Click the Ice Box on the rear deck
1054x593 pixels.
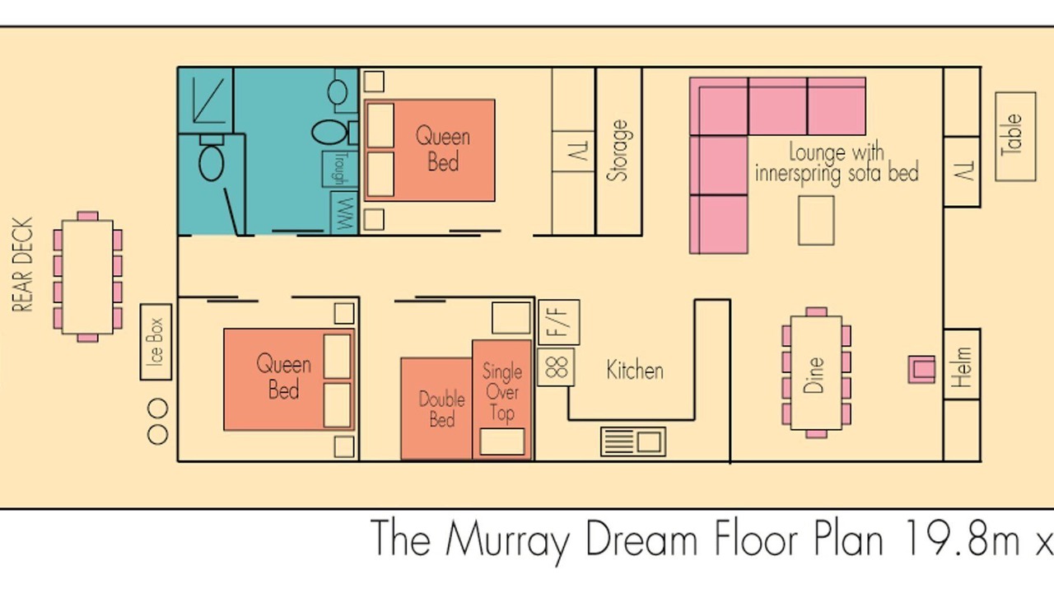click(x=156, y=342)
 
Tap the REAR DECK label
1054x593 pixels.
click(x=22, y=264)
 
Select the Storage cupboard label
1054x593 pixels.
click(x=618, y=151)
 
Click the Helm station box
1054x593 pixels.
click(x=963, y=364)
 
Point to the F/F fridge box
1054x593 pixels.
click(x=559, y=322)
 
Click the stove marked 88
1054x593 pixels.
click(x=556, y=367)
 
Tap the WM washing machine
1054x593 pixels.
click(x=344, y=212)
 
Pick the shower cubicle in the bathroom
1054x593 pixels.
click(x=206, y=100)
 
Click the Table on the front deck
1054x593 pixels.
click(x=1015, y=137)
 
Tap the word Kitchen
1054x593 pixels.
click(x=635, y=371)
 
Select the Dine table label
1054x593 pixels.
click(x=814, y=375)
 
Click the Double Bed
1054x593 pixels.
click(x=436, y=409)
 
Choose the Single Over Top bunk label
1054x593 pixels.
click(x=502, y=393)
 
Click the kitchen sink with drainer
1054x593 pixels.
click(x=633, y=441)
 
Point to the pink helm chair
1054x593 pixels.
click(x=921, y=370)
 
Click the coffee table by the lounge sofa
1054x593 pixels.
click(x=816, y=221)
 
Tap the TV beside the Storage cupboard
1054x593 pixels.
click(x=574, y=151)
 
